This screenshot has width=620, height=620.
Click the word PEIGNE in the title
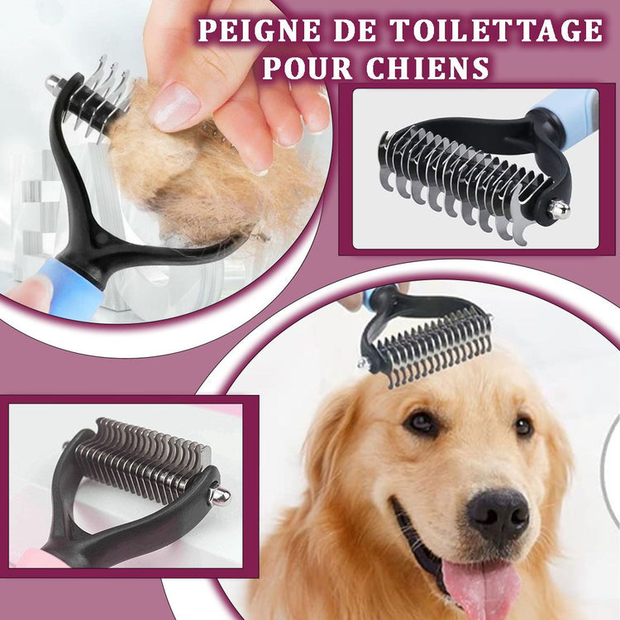(x=260, y=30)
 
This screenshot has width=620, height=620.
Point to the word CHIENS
(x=427, y=68)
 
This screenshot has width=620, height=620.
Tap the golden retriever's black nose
(x=498, y=515)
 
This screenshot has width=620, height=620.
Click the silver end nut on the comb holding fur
(x=53, y=83)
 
